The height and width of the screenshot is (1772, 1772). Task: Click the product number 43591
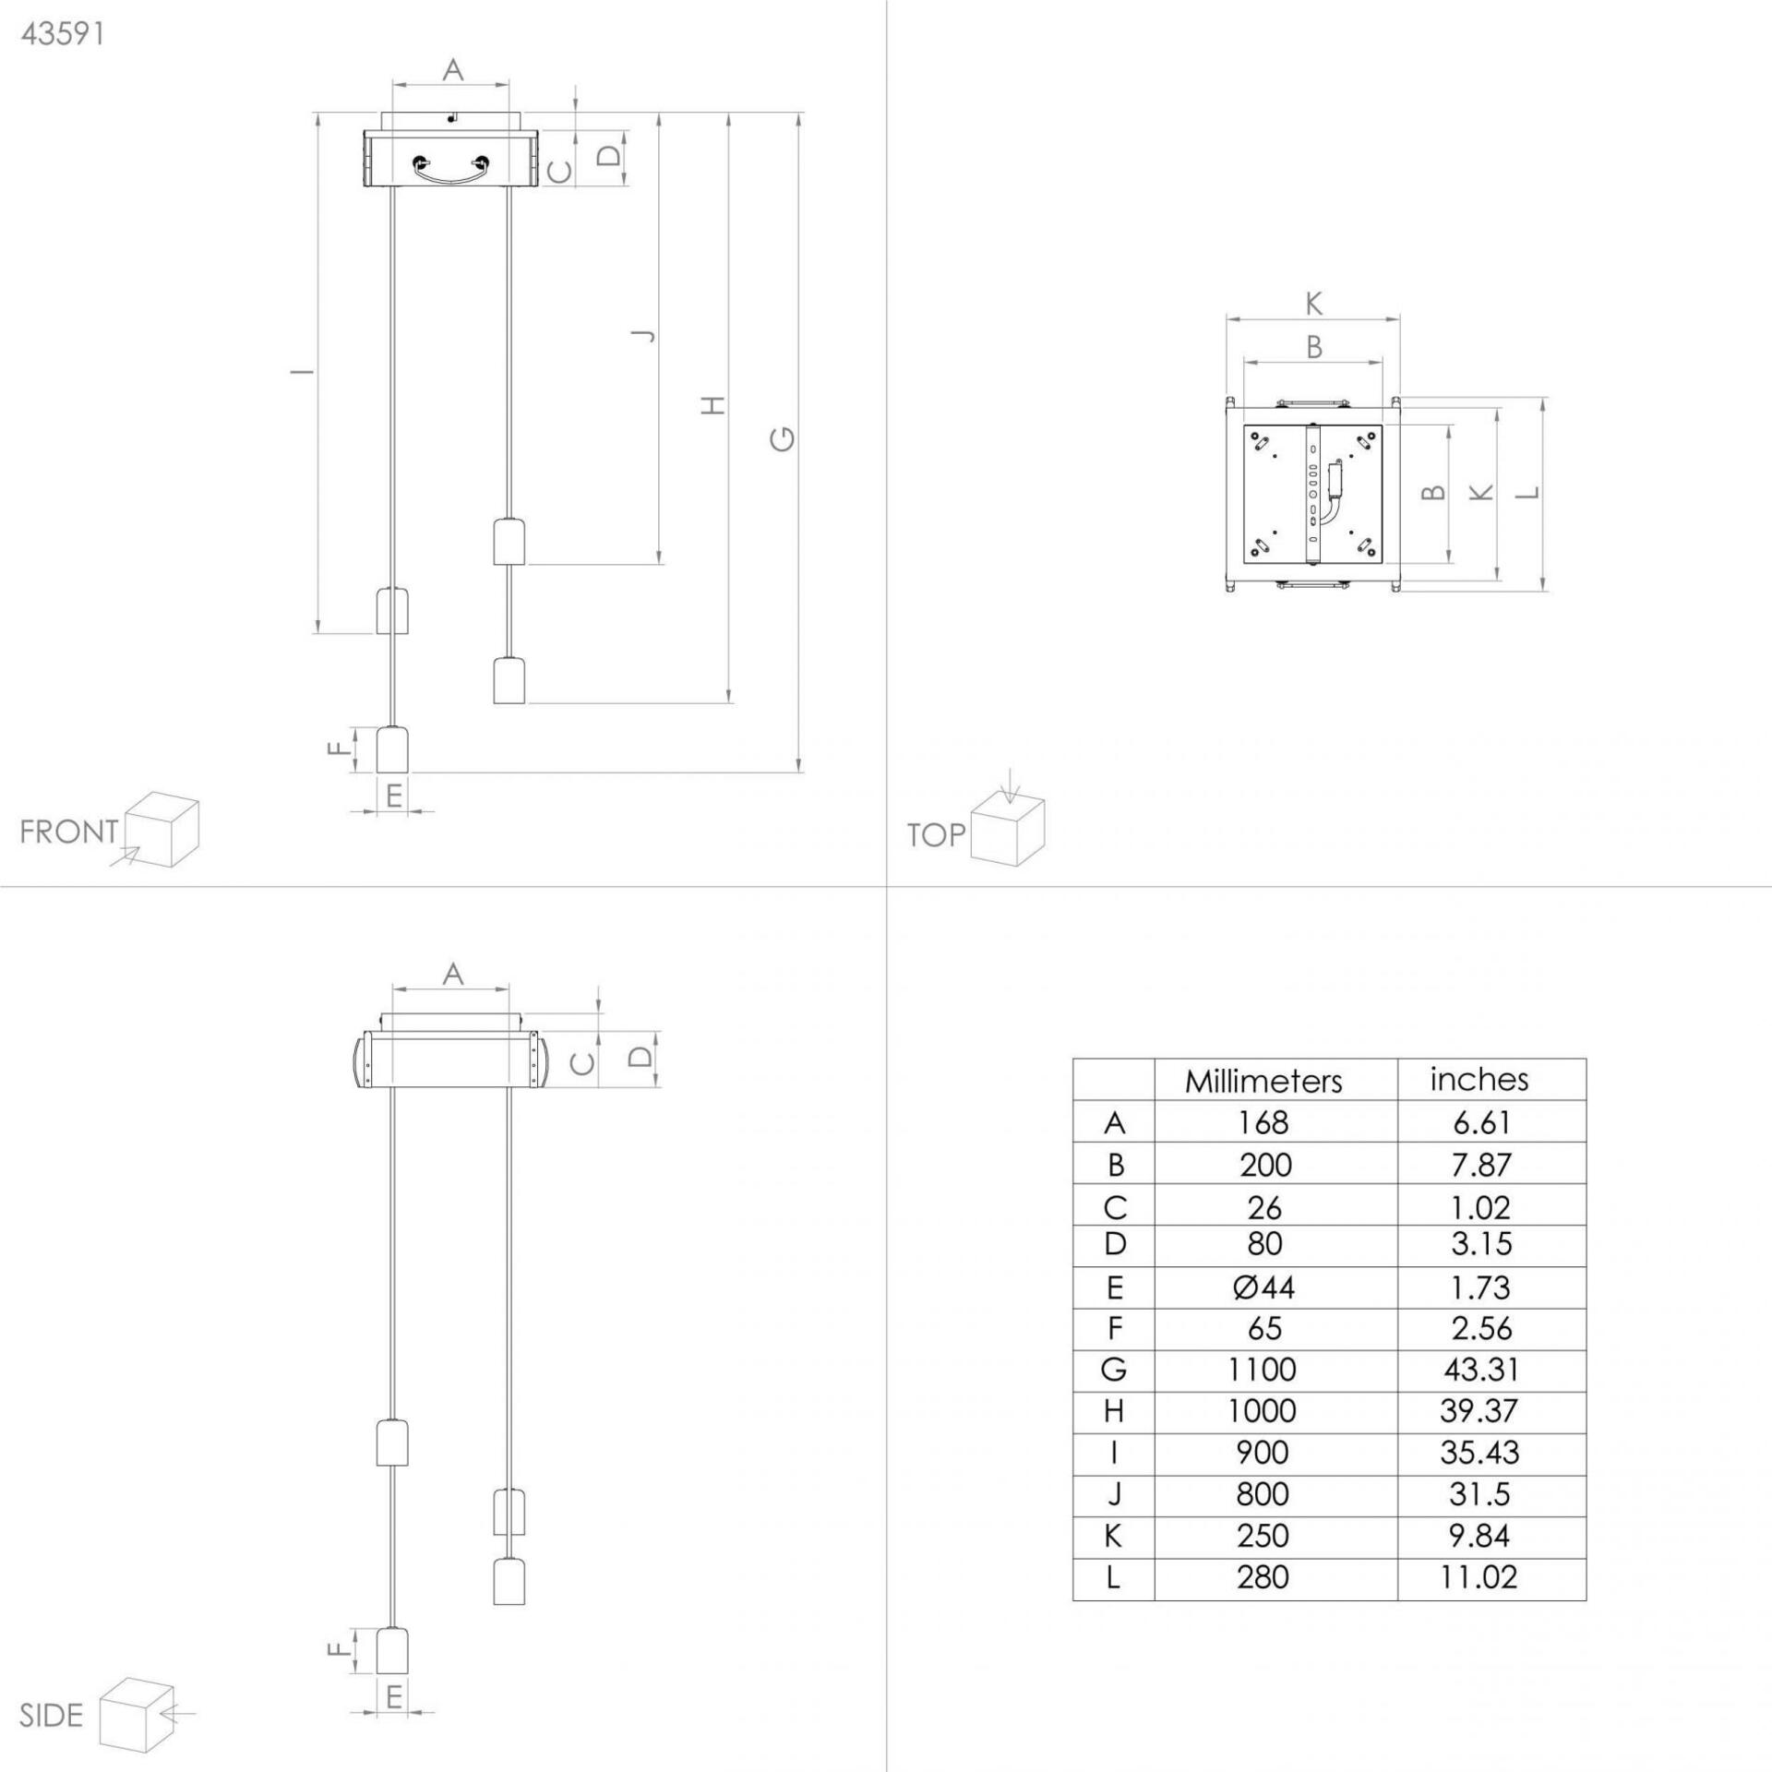point(63,34)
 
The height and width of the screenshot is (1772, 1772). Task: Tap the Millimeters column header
point(1263,1081)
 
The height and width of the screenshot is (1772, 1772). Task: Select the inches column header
point(1479,1079)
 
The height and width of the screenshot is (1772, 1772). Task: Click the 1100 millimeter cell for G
point(1263,1370)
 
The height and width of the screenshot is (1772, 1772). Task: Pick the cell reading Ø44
point(1263,1287)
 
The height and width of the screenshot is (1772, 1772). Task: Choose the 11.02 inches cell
point(1479,1577)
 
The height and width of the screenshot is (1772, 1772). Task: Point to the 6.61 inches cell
point(1480,1123)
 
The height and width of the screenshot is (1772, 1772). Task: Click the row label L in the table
point(1114,1577)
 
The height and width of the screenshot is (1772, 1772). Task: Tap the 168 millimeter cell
point(1263,1123)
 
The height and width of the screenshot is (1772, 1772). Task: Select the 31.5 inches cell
point(1480,1494)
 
